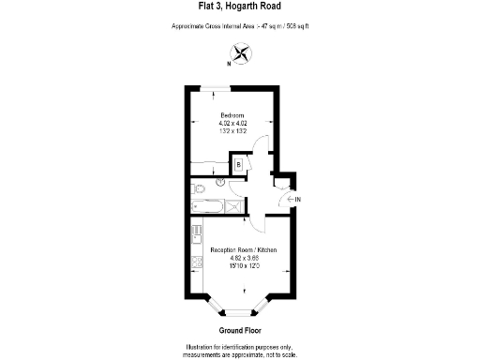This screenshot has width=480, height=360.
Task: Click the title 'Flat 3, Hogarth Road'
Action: (x=239, y=14)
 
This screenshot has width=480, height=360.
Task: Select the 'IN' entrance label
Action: (x=297, y=199)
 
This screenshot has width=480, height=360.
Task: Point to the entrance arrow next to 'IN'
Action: (x=287, y=199)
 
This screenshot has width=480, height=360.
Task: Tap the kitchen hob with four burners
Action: (x=196, y=262)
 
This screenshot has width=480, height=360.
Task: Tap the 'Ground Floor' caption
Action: (x=239, y=331)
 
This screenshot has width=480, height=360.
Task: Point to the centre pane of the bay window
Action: (x=239, y=311)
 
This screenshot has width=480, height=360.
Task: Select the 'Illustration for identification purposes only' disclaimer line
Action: (x=239, y=347)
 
